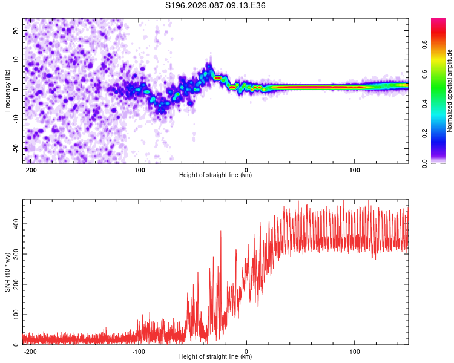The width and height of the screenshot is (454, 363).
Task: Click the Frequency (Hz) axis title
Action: pyautogui.click(x=7, y=90)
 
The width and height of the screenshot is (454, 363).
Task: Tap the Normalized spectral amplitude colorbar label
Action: pyautogui.click(x=450, y=91)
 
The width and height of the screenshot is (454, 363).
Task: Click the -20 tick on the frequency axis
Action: pyautogui.click(x=15, y=149)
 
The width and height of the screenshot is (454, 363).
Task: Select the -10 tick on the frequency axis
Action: pyautogui.click(x=15, y=119)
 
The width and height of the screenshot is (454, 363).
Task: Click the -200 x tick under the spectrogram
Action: pyautogui.click(x=30, y=169)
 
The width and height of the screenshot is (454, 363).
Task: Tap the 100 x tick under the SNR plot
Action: pyautogui.click(x=355, y=351)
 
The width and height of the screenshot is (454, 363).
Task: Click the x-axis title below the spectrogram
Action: pyautogui.click(x=215, y=175)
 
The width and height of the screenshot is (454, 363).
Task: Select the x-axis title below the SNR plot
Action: pyautogui.click(x=215, y=357)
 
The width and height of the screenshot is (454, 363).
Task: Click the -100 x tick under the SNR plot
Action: pyautogui.click(x=138, y=351)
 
